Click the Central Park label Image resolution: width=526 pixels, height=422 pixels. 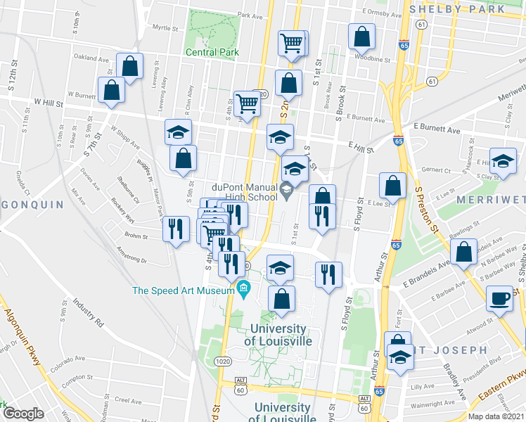click(212, 52)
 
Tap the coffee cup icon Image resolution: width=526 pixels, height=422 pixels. click(500, 298)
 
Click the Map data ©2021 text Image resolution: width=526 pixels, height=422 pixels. click(496, 416)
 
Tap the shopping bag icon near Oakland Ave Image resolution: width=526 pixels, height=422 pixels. click(130, 66)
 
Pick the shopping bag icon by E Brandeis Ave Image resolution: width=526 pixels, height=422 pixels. click(464, 252)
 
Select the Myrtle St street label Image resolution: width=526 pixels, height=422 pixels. click(166, 27)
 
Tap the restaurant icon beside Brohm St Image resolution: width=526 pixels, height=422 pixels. click(175, 228)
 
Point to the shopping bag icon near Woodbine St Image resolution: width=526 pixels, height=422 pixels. click(361, 36)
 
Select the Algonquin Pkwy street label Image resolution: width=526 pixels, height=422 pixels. click(24, 338)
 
